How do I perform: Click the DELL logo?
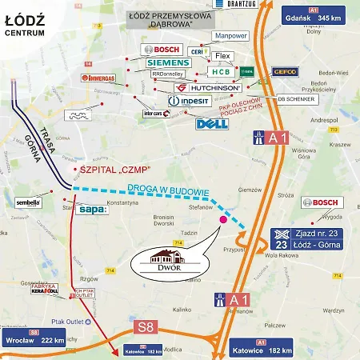click(212, 123)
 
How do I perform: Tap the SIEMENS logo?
click(166, 62)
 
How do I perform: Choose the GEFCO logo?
click(285, 72)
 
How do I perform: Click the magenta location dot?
click(222, 217)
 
